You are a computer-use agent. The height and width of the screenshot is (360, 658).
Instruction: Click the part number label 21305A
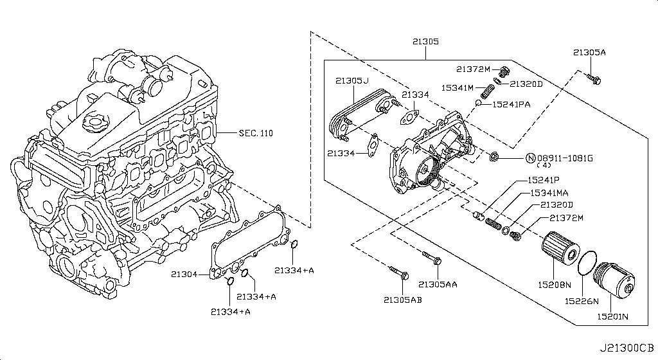pyautogui.click(x=589, y=52)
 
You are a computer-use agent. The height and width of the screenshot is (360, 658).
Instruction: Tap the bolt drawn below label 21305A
pyautogui.click(x=594, y=80)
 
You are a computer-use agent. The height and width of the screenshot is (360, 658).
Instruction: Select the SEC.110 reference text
pyautogui.click(x=256, y=134)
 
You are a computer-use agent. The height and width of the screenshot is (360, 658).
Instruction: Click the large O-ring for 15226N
pyautogui.click(x=586, y=264)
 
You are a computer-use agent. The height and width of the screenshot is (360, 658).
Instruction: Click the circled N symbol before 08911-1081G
pyautogui.click(x=531, y=157)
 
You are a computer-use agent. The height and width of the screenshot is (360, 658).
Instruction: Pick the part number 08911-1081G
pyautogui.click(x=565, y=157)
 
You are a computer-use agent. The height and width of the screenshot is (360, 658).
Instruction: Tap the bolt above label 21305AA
pyautogui.click(x=432, y=258)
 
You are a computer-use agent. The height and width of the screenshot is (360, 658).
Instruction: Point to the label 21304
pyautogui.click(x=183, y=274)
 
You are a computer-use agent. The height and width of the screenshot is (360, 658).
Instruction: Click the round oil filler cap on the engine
pyautogui.click(x=94, y=122)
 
